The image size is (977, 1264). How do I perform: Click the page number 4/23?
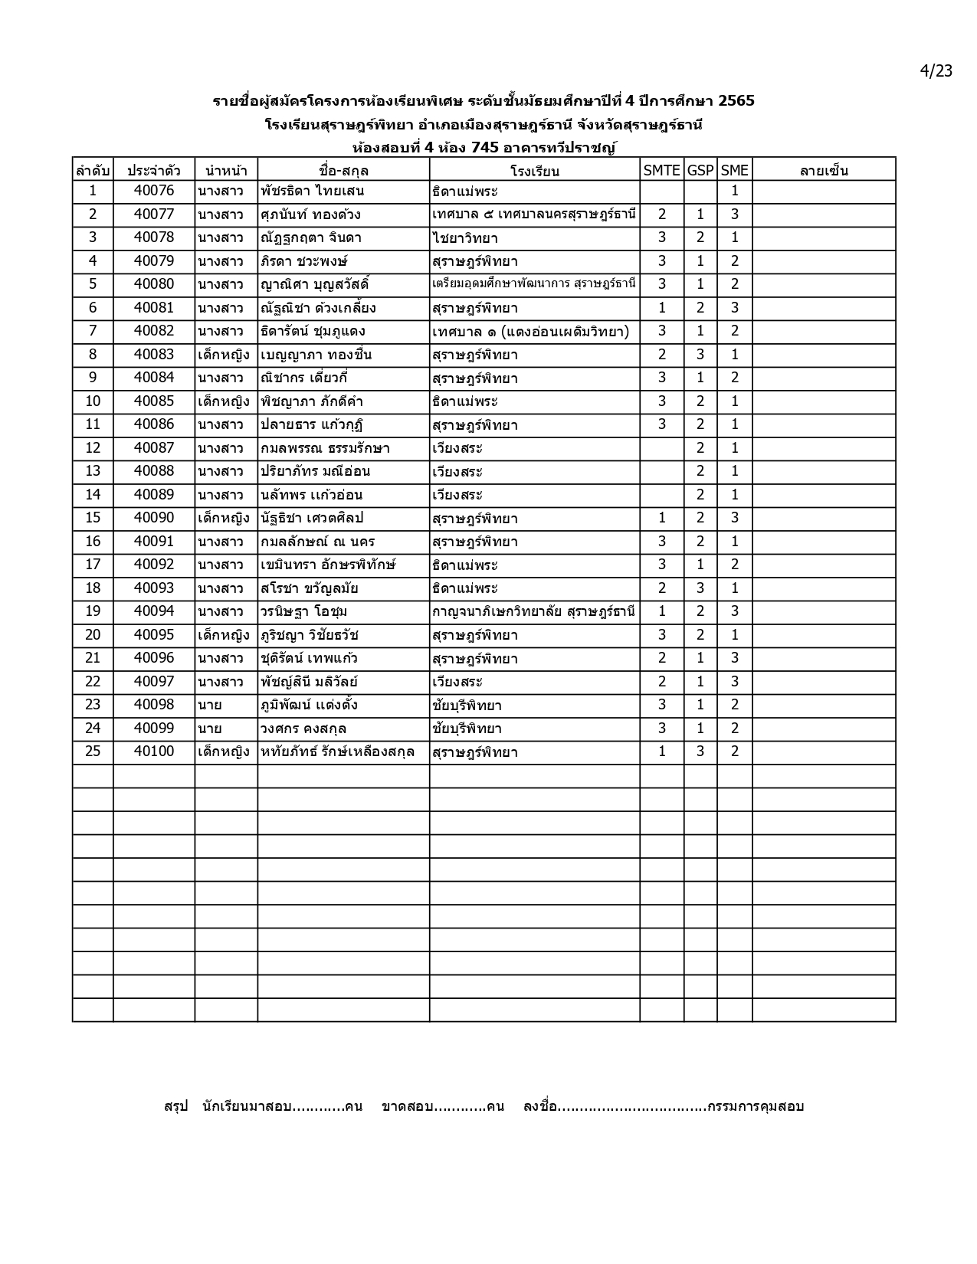tap(936, 71)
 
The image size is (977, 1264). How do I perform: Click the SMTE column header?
tap(661, 170)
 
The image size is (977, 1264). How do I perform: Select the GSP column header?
tap(700, 170)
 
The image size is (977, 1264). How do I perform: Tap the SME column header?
tap(734, 170)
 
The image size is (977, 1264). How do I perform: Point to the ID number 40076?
tap(154, 191)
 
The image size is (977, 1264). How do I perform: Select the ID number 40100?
tap(154, 752)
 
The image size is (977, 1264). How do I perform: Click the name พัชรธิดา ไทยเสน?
tap(312, 192)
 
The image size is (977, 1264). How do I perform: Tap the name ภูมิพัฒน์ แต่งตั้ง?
tap(309, 705)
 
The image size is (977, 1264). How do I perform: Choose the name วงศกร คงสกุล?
tap(303, 729)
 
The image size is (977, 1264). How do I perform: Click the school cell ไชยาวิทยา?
tap(465, 238)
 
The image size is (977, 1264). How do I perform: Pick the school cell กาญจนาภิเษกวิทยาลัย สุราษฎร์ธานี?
tap(533, 611)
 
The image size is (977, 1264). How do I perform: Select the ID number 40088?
tap(154, 471)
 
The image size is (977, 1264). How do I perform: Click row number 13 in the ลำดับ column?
tap(93, 471)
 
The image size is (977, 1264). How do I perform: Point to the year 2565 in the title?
tap(736, 100)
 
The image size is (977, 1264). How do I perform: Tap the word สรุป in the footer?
tap(175, 1106)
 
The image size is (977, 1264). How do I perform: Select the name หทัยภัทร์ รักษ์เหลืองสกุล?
tap(338, 752)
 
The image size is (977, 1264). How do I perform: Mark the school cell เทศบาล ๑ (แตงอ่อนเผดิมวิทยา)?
tap(530, 332)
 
